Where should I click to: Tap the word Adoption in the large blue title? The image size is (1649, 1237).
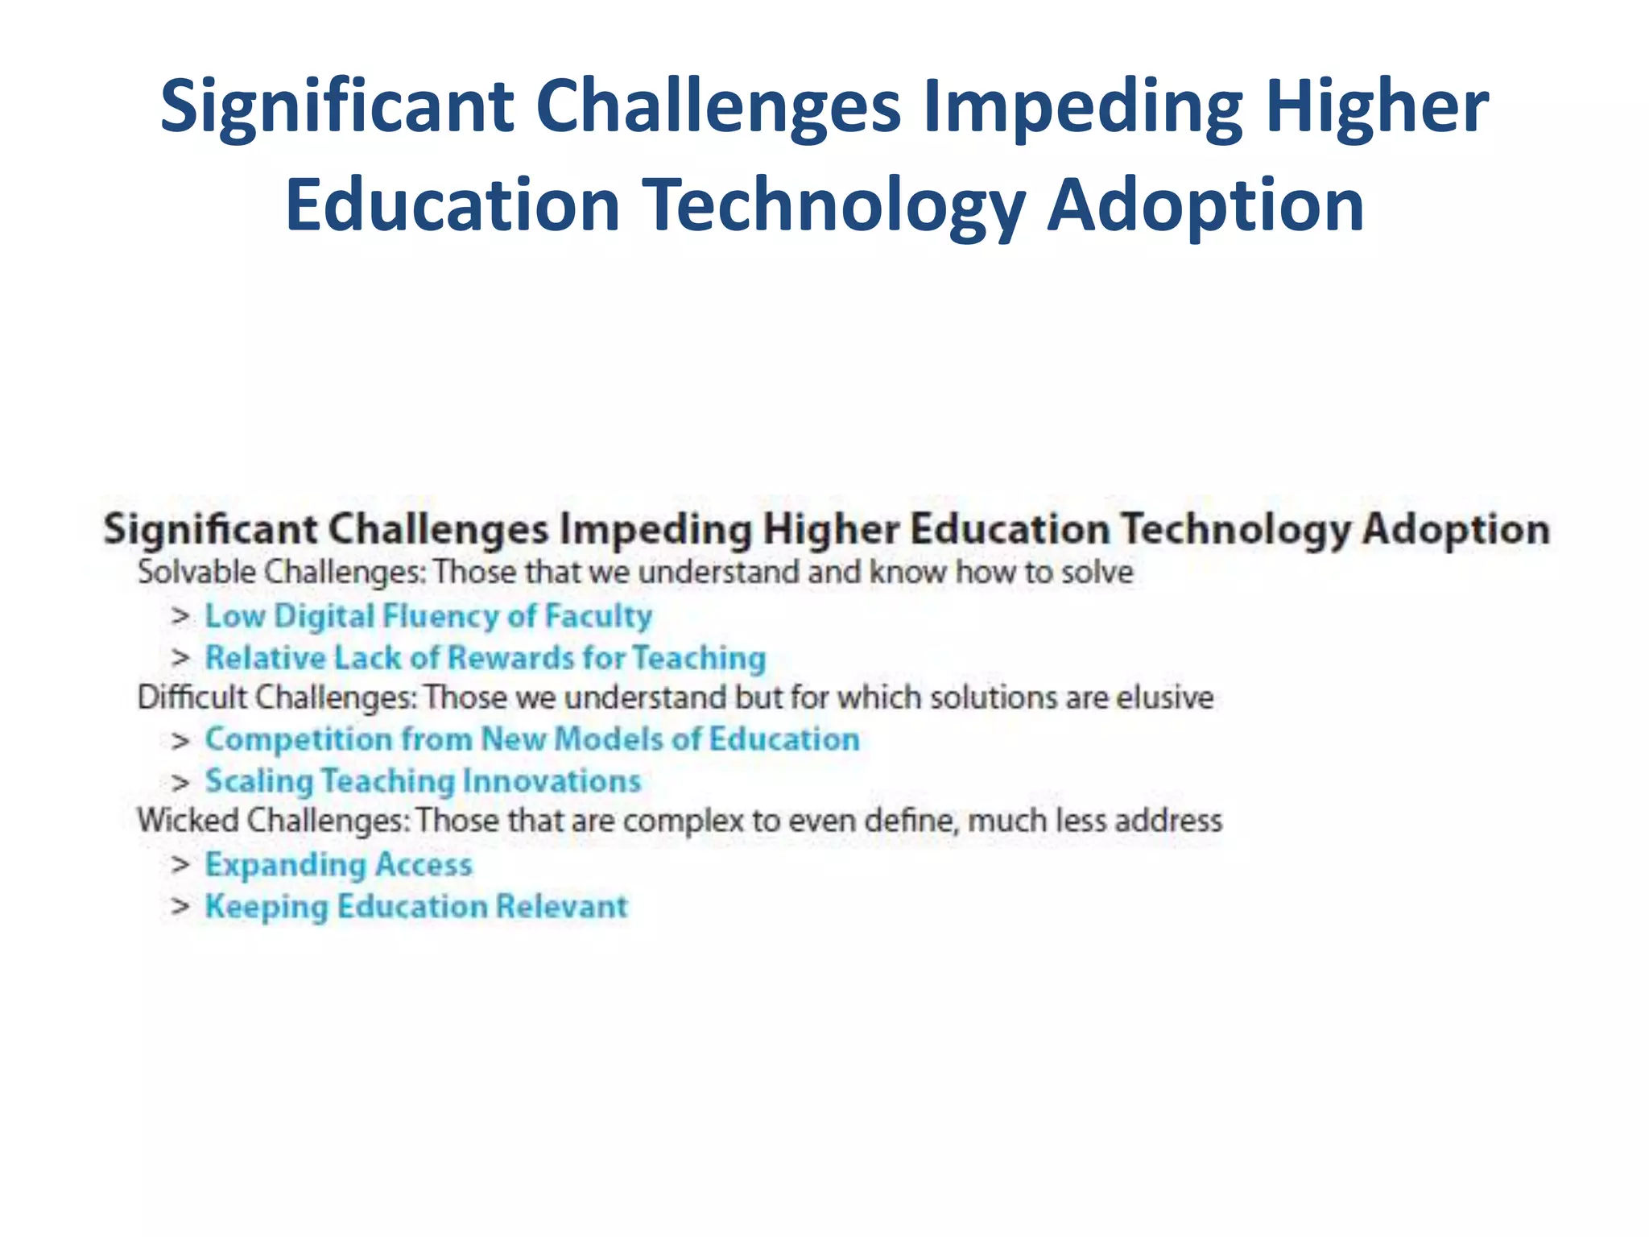[x=1205, y=206]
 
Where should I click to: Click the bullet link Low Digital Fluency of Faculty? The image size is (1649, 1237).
[x=428, y=616]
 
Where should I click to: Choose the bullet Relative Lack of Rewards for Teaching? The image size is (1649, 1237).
[x=485, y=658]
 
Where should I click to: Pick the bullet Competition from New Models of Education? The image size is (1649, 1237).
[x=532, y=739]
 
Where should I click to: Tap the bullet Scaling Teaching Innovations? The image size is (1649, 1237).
[x=423, y=781]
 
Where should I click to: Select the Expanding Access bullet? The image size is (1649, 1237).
[x=338, y=865]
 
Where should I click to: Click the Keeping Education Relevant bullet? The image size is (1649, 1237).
[x=415, y=907]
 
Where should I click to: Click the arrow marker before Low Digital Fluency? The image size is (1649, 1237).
[x=180, y=617]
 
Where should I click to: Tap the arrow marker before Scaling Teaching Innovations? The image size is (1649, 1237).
[x=180, y=782]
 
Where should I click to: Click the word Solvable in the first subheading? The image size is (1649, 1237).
[x=196, y=573]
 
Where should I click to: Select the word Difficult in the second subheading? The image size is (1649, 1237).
[x=192, y=697]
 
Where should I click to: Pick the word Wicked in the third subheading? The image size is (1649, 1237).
[x=188, y=821]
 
